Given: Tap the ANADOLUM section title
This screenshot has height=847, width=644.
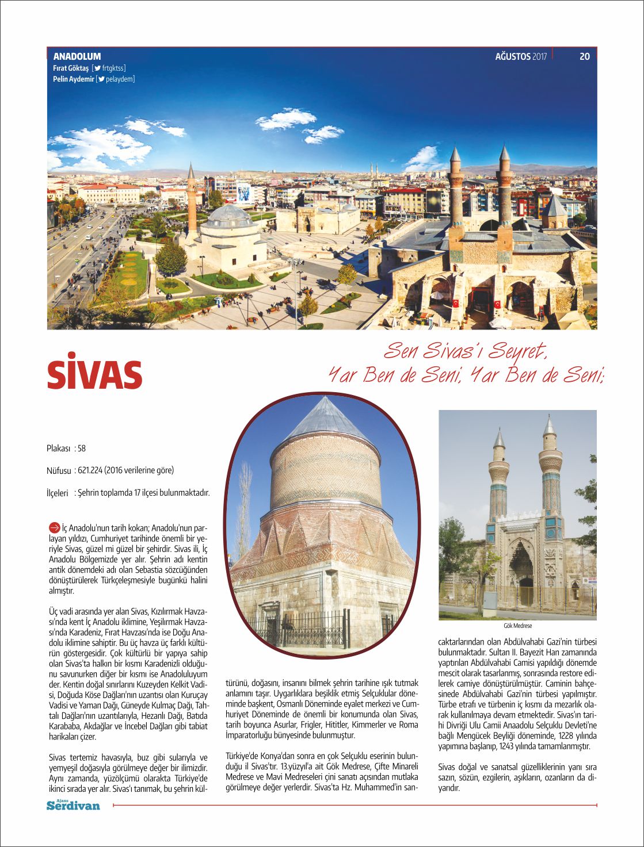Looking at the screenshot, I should pyautogui.click(x=77, y=56).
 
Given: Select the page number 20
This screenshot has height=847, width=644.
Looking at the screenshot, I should pyautogui.click(x=585, y=56).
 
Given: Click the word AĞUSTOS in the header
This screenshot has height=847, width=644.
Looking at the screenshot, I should pyautogui.click(x=513, y=56).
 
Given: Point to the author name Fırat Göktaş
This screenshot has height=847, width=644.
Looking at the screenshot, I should pyautogui.click(x=71, y=68).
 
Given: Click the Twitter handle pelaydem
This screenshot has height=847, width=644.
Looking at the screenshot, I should pyautogui.click(x=120, y=79).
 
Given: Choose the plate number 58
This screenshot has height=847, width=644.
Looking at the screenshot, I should pyautogui.click(x=82, y=449).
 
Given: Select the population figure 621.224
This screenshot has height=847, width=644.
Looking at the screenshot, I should pyautogui.click(x=90, y=470).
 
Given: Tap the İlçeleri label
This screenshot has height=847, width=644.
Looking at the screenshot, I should pyautogui.click(x=58, y=493).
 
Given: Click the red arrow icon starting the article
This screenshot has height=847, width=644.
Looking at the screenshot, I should pyautogui.click(x=54, y=527).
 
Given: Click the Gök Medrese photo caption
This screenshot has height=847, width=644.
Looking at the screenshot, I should pyautogui.click(x=517, y=626).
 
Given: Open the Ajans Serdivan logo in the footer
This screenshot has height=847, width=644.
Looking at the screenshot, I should pyautogui.click(x=73, y=805).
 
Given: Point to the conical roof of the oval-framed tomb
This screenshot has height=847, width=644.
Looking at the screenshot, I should pyautogui.click(x=326, y=420).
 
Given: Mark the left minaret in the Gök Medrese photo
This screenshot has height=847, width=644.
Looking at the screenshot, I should pyautogui.click(x=498, y=477).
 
